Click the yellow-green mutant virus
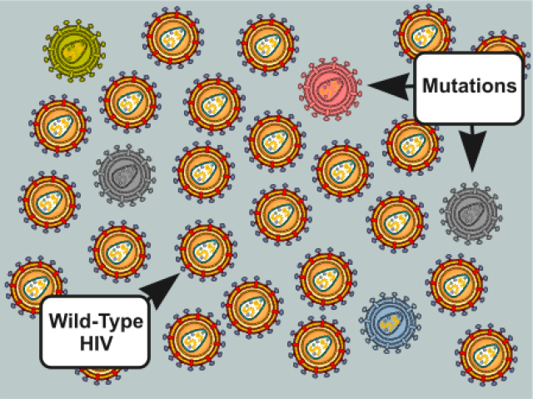click(x=72, y=49)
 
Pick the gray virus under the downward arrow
click(x=471, y=212)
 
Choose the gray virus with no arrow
click(x=124, y=175)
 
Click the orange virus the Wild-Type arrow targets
click(x=205, y=249)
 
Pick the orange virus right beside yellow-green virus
click(x=172, y=37)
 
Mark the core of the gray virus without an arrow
click(x=125, y=176)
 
